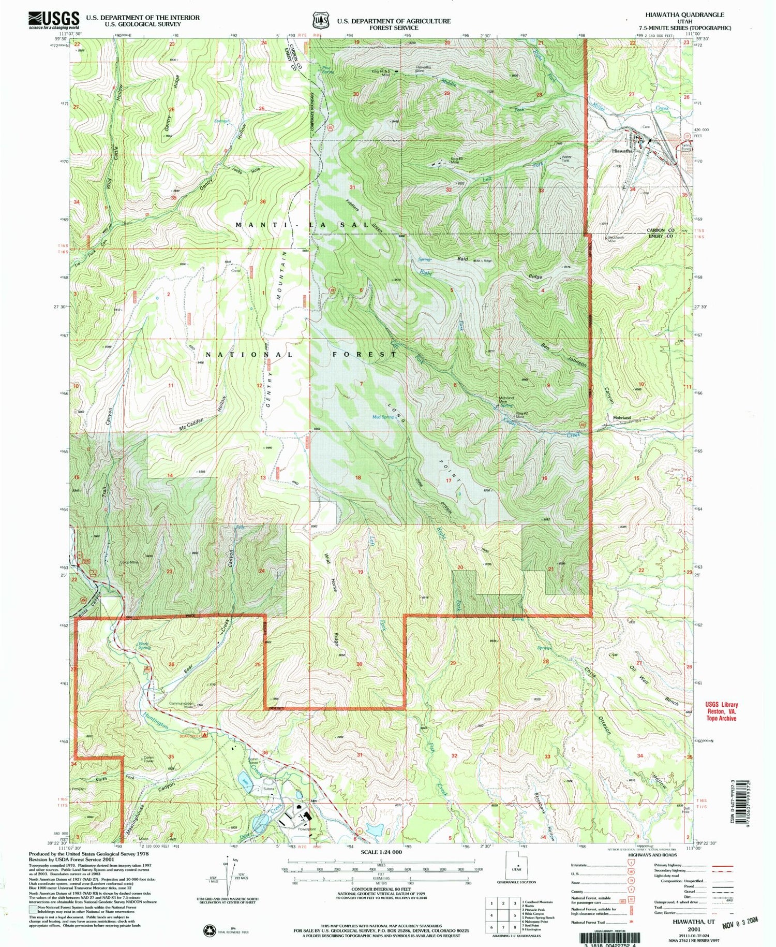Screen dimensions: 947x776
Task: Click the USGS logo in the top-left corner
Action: pos(54,20)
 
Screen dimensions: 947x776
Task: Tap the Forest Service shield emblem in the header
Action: pos(320,20)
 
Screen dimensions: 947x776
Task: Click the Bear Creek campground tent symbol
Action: pos(205,734)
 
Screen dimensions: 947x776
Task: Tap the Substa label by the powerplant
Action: pos(269,789)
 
